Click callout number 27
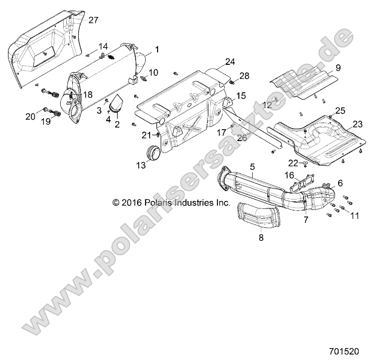point(93,20)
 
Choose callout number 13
point(142,166)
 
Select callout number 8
point(261,238)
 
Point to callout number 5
point(252,165)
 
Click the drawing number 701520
point(352,351)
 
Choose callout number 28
point(244,76)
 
